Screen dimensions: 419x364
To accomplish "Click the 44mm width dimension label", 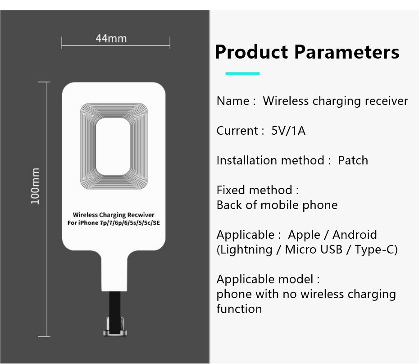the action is [111, 38].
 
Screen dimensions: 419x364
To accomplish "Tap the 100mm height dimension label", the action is [35, 186].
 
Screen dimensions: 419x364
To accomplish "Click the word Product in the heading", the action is [251, 52].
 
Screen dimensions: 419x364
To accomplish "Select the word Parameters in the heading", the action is [347, 52].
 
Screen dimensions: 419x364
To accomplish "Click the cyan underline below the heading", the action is [243, 73].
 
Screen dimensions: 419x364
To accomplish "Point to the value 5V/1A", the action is [288, 131].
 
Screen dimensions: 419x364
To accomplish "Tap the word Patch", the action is [353, 160].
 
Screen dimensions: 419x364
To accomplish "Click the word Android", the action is [355, 235].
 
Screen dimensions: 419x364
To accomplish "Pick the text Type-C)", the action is [376, 250].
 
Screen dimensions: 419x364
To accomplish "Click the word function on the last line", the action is [239, 309].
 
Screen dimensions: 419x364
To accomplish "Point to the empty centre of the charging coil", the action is [113, 146].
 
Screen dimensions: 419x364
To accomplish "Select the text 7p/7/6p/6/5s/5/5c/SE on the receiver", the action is [130, 223].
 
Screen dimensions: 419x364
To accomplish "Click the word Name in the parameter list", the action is [233, 101].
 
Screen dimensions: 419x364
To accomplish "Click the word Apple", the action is [304, 235].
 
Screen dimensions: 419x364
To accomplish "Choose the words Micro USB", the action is [314, 250].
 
